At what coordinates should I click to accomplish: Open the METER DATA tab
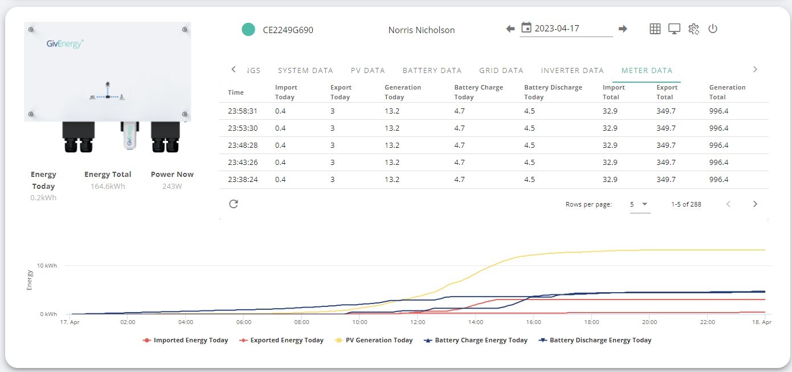(647, 70)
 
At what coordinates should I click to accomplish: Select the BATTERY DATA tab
(432, 70)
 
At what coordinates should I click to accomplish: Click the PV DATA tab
(368, 70)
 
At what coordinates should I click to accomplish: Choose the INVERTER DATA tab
(572, 70)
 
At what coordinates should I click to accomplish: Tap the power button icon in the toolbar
(712, 29)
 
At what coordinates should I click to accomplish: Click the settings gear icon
(693, 29)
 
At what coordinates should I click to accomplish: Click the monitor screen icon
(674, 29)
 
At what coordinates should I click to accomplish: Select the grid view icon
(655, 29)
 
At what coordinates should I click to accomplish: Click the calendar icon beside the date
(526, 27)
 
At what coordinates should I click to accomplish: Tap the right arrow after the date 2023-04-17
(623, 29)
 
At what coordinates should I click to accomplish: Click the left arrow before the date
(510, 29)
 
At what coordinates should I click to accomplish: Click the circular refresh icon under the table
(234, 204)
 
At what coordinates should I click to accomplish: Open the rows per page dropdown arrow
(644, 204)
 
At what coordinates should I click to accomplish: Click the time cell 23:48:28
(243, 145)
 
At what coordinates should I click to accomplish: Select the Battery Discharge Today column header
(553, 92)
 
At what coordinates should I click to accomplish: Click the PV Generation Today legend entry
(374, 340)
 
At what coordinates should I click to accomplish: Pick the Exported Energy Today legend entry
(281, 340)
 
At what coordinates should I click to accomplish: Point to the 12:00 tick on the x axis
(418, 322)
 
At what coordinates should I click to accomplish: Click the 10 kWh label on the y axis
(47, 265)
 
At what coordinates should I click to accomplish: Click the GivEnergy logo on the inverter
(65, 43)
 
